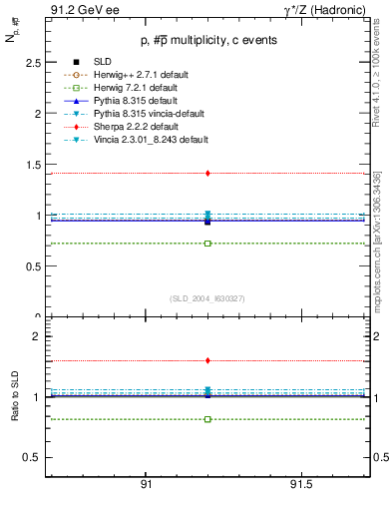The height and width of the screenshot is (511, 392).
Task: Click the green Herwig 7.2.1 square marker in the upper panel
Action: (x=207, y=243)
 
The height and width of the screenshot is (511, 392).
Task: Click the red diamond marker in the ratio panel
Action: (x=207, y=360)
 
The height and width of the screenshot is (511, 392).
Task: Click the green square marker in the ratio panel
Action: (x=207, y=419)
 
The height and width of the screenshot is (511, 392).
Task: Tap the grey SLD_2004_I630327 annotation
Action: (x=207, y=298)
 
